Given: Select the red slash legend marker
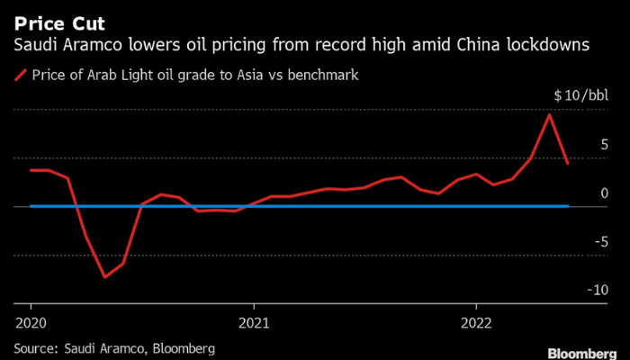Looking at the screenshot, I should (20, 76).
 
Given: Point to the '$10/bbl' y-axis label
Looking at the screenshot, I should (580, 95).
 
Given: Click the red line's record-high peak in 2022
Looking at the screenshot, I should (549, 114).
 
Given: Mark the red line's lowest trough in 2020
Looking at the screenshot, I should (104, 276).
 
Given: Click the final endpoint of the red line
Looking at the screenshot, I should (568, 164).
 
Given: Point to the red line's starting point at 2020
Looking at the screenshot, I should (31, 170).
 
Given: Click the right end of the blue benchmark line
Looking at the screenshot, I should (568, 206).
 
